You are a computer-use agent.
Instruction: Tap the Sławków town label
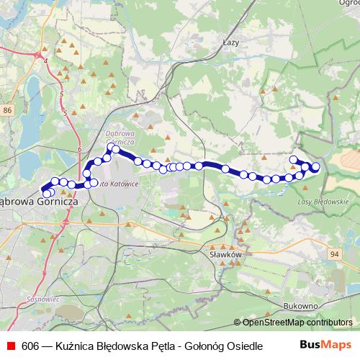[x=223, y=254]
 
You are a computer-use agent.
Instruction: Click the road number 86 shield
[x=7, y=109]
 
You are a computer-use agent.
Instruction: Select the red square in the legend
[x=9, y=346]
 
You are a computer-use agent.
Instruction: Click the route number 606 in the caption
[x=31, y=346]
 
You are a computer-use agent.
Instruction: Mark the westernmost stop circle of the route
[x=48, y=194]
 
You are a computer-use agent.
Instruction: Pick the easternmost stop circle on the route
[x=315, y=168]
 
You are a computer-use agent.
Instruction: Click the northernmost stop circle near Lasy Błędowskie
[x=293, y=159]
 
